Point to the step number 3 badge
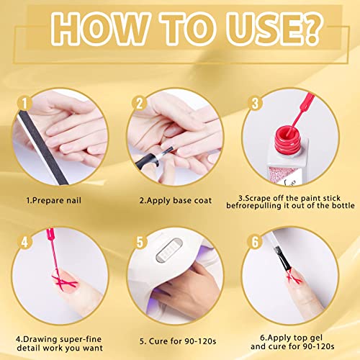click(253, 103)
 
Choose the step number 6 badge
click(253, 240)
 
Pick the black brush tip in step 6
click(276, 267)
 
